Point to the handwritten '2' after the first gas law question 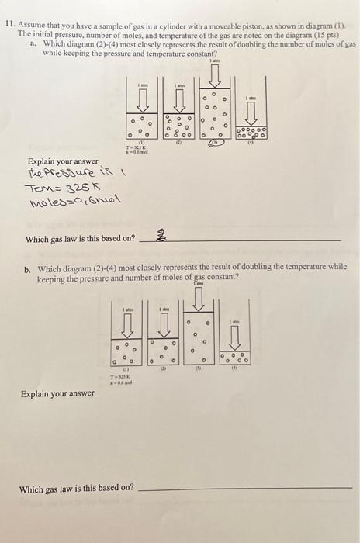pos(161,237)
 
